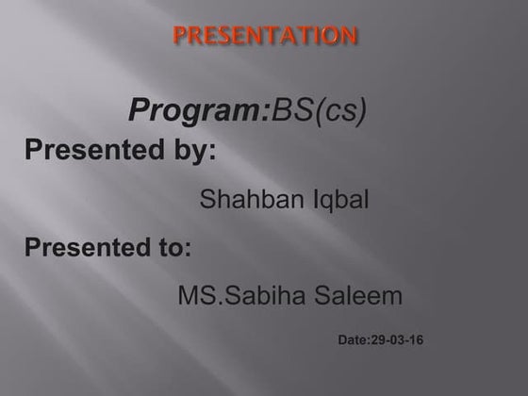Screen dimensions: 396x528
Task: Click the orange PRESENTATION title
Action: (x=265, y=37)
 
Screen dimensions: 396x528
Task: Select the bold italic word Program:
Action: (x=199, y=110)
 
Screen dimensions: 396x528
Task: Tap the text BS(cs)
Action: (x=320, y=110)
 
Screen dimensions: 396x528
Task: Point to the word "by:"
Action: (x=194, y=151)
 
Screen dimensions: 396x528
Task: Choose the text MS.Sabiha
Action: (x=241, y=296)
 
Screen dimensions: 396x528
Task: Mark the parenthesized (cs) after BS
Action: (x=338, y=111)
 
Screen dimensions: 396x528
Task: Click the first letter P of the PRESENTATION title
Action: (x=179, y=37)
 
